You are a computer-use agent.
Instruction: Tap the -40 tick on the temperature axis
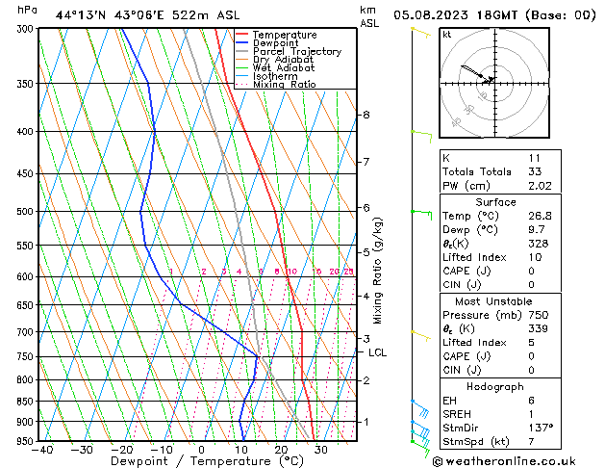(x=41, y=449)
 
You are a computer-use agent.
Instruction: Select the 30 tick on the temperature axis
(x=320, y=449)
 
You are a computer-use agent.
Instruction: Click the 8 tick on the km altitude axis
(x=366, y=116)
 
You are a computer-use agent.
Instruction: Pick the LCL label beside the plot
(x=378, y=353)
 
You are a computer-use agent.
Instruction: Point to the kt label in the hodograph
(x=447, y=34)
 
